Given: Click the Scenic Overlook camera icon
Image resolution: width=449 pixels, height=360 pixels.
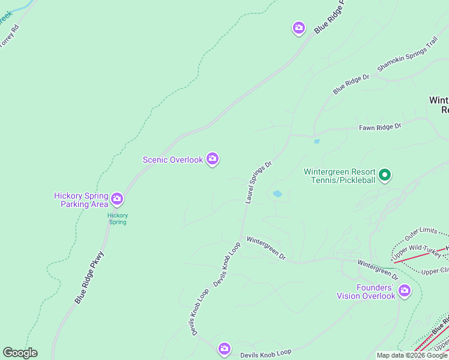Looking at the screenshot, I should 212,159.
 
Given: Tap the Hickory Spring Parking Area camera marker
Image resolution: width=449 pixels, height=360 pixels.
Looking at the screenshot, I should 117,198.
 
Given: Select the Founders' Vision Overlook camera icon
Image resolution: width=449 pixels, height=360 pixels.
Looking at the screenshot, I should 405,291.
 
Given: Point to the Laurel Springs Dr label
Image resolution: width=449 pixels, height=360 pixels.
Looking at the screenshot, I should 259,182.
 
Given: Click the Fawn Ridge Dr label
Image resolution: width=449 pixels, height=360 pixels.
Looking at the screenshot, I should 379,127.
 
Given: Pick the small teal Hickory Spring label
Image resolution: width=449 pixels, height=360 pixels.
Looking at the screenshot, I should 118,218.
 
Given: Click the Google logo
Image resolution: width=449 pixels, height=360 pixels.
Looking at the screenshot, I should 20,353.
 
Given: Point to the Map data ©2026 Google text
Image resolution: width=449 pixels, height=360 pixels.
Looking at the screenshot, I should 412,355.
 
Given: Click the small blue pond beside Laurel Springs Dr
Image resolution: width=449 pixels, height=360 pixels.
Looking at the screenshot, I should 277,194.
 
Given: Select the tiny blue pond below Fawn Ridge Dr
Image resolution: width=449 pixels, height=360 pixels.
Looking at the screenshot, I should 316,142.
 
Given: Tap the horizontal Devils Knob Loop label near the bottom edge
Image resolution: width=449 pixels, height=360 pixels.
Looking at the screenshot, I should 265,355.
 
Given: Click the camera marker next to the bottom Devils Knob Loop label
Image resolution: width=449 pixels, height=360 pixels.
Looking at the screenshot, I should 224,349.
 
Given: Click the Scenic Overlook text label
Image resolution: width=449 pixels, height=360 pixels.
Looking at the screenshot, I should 173,160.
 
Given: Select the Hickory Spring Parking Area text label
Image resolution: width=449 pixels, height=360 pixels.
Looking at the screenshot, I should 81,200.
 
